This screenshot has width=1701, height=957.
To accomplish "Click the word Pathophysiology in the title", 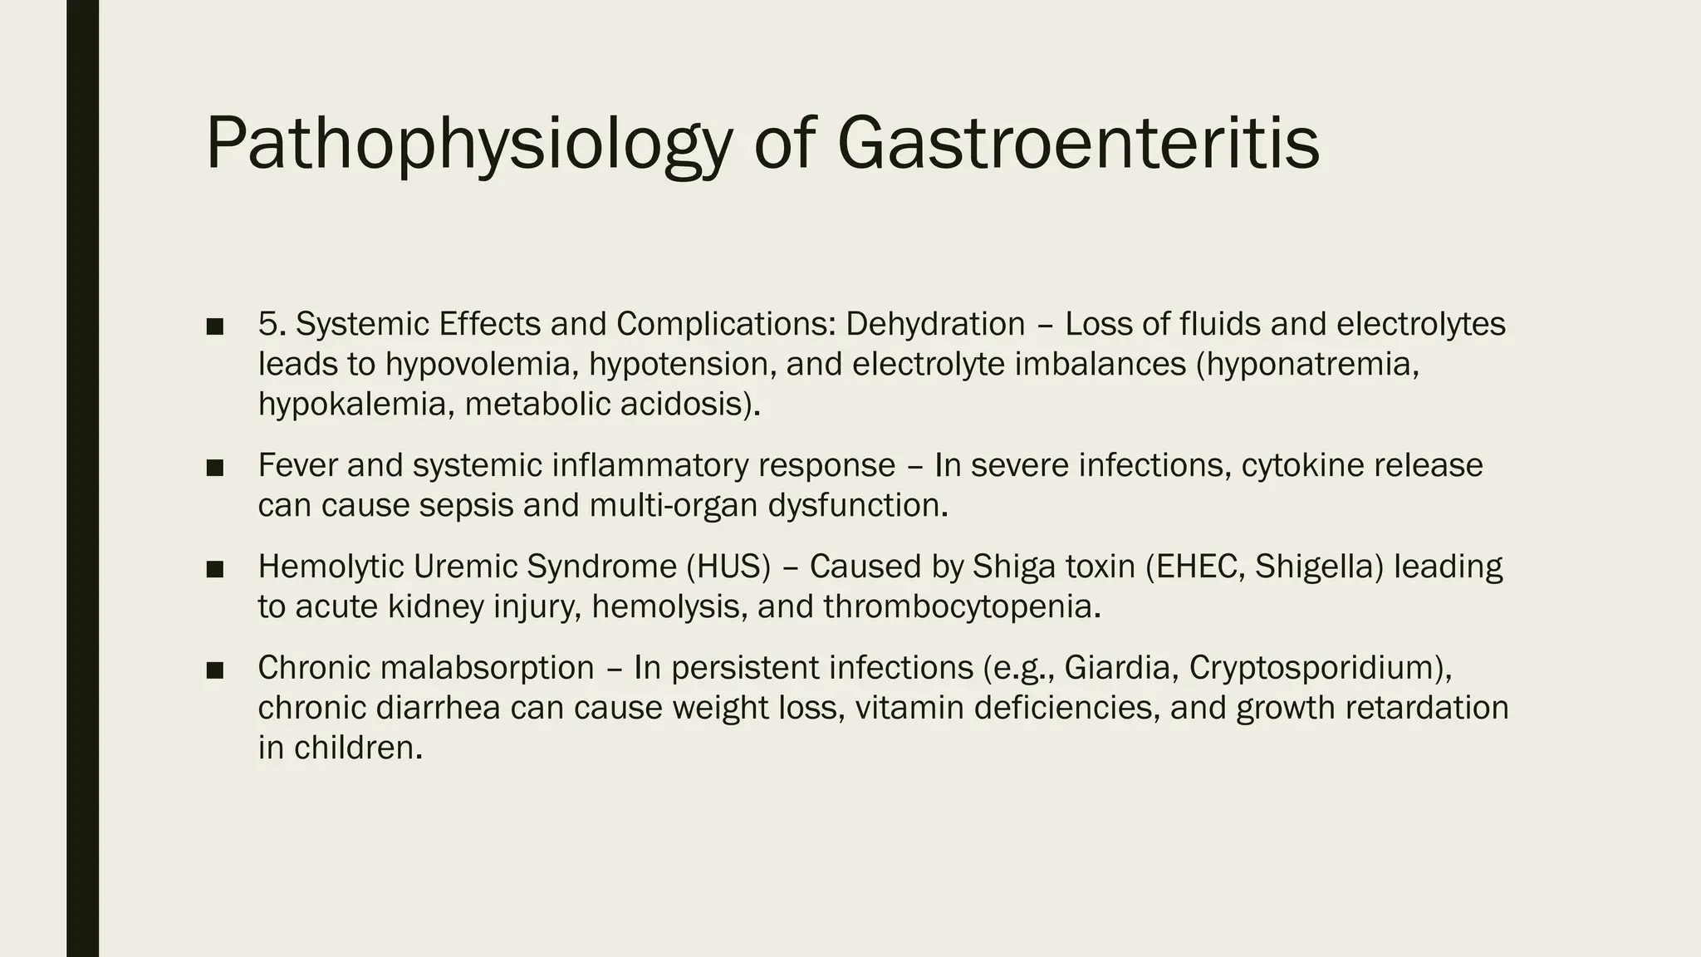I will pyautogui.click(x=468, y=145).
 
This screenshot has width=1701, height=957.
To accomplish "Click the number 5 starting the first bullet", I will pyautogui.click(x=267, y=324).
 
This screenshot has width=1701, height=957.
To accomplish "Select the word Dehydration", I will pyautogui.click(x=935, y=324).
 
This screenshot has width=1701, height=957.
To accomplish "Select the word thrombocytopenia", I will pyautogui.click(x=962, y=607).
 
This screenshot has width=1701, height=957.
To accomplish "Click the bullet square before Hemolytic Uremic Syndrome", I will pyautogui.click(x=215, y=569).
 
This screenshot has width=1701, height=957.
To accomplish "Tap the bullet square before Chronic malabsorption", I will pyautogui.click(x=215, y=670).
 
